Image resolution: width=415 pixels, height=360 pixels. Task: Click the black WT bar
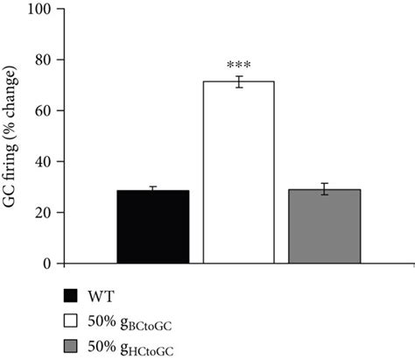click(x=152, y=227)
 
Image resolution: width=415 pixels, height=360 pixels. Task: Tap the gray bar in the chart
click(x=324, y=227)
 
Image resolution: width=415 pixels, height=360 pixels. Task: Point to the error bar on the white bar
click(x=238, y=81)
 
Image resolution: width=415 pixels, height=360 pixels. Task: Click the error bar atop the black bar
click(x=152, y=189)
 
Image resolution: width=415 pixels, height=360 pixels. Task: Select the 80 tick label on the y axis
click(x=60, y=60)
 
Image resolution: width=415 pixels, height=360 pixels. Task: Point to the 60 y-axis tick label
click(x=60, y=111)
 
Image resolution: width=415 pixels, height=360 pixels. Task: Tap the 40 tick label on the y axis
click(x=60, y=162)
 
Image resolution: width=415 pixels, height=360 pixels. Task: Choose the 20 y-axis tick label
click(x=60, y=213)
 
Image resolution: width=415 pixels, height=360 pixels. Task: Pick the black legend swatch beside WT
click(x=71, y=294)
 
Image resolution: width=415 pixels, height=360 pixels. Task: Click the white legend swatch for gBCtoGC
click(x=71, y=318)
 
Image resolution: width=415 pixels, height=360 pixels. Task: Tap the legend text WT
click(x=101, y=294)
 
